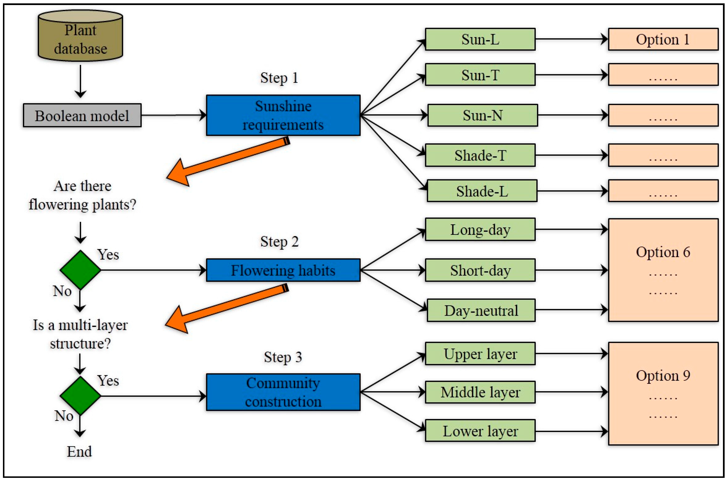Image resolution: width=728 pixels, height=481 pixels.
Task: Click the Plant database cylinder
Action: click(x=80, y=36)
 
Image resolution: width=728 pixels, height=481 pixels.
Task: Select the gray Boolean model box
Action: click(x=82, y=115)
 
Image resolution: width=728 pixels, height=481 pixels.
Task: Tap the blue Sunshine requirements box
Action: click(x=283, y=115)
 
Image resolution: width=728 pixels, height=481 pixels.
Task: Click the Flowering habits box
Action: click(x=283, y=270)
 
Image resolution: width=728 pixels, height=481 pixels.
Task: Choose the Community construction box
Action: click(x=283, y=392)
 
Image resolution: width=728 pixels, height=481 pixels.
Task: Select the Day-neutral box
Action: click(x=481, y=311)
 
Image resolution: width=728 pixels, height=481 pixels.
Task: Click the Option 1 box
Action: click(x=663, y=39)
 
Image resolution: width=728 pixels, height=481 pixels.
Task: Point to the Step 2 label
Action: click(x=279, y=241)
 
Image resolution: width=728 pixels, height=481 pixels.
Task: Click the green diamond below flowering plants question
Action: click(x=80, y=270)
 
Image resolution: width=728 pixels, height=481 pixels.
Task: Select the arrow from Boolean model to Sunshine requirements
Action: click(x=173, y=115)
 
